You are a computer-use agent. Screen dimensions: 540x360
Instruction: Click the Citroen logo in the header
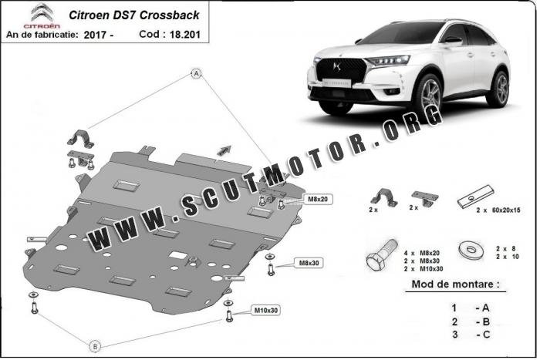coord(42,15)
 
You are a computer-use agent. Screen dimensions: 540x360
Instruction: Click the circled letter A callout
coord(196,74)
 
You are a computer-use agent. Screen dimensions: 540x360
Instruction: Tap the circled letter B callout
coord(96,346)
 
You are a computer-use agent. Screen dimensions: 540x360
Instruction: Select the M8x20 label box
coord(318,200)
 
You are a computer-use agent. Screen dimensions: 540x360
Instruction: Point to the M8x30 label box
coord(309,263)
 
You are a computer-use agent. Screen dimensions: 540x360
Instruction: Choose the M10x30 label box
coord(265,310)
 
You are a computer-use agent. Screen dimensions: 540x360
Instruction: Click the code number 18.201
coord(184,35)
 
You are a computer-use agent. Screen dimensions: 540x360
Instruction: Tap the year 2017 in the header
coord(95,35)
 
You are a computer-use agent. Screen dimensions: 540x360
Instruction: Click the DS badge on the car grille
coord(337,66)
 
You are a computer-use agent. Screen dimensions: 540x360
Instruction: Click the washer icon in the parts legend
coord(471,250)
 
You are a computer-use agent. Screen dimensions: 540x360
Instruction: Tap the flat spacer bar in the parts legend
coord(476,197)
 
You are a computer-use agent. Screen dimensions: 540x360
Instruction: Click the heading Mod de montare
coord(455,284)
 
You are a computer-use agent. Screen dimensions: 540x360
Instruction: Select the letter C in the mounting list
coord(486,335)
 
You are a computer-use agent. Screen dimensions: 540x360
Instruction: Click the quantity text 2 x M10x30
coord(424,269)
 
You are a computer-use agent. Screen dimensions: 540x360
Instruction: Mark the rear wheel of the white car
coord(498,89)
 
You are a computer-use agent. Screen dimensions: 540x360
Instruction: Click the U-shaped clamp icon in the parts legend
coord(384,197)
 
